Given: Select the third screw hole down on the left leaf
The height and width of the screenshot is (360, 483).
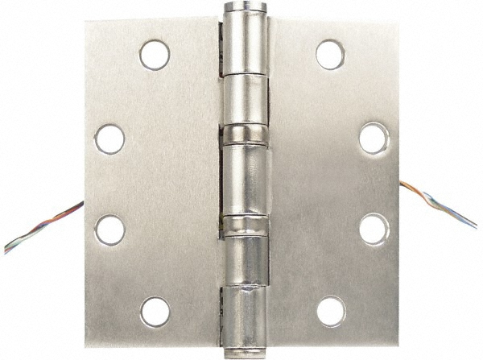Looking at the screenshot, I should click(109, 229).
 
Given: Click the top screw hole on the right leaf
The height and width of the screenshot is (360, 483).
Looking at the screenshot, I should click(329, 54).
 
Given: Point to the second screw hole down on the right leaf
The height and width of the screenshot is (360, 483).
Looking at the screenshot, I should click(372, 138).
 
